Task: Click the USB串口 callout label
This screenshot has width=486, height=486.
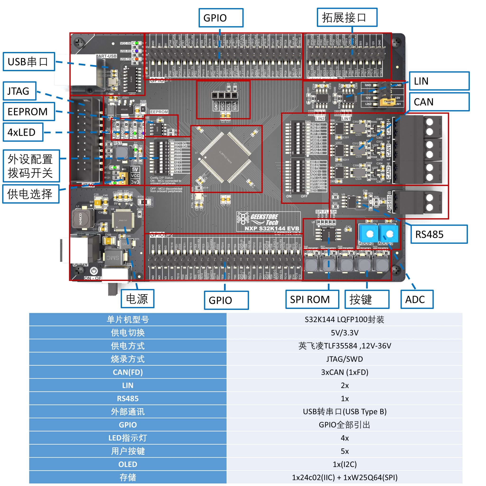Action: click(29, 62)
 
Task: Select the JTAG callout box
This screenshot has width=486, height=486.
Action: click(20, 91)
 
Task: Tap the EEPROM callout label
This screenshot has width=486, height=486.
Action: click(29, 112)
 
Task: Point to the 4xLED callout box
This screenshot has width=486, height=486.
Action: click(23, 132)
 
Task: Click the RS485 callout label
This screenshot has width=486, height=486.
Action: click(439, 234)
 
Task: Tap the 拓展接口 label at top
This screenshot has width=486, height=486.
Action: click(347, 17)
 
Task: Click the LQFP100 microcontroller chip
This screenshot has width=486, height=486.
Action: click(226, 157)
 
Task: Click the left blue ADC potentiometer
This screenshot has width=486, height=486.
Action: click(369, 234)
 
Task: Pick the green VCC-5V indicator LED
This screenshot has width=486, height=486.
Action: click(136, 43)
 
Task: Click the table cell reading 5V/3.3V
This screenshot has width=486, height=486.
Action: click(344, 332)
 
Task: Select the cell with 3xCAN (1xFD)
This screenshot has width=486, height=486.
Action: click(344, 372)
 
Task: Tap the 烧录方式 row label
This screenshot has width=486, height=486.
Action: click(128, 359)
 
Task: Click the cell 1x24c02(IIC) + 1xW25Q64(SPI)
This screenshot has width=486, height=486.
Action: click(344, 477)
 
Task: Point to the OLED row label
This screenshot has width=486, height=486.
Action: click(128, 464)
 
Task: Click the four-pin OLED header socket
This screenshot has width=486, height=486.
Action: click(224, 95)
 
